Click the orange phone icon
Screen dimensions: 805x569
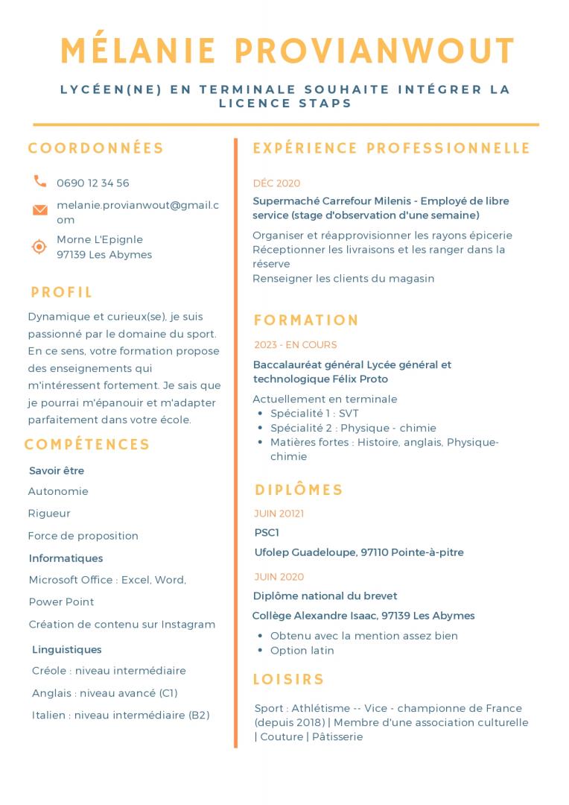[39, 181]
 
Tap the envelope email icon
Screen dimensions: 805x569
[40, 210]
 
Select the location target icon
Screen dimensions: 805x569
[39, 247]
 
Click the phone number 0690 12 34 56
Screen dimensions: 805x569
[93, 183]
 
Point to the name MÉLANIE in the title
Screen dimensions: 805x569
[138, 51]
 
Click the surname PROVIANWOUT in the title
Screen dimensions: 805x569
[375, 51]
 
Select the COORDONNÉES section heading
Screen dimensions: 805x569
[96, 148]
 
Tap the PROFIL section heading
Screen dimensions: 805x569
[62, 292]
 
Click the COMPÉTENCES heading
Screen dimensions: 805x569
[87, 445]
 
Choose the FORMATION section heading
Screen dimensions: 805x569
[306, 321]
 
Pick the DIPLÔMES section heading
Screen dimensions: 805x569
[299, 490]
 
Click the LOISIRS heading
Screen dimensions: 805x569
[289, 679]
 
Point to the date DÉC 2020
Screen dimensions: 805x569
[277, 183]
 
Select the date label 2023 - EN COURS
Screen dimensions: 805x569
[296, 345]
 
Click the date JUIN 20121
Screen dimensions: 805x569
[279, 514]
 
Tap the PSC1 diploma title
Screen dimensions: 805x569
[267, 533]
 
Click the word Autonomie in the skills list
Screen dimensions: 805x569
[58, 491]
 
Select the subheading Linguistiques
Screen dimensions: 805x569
[67, 650]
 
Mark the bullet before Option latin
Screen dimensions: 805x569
[259, 651]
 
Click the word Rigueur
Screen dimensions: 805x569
[49, 514]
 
